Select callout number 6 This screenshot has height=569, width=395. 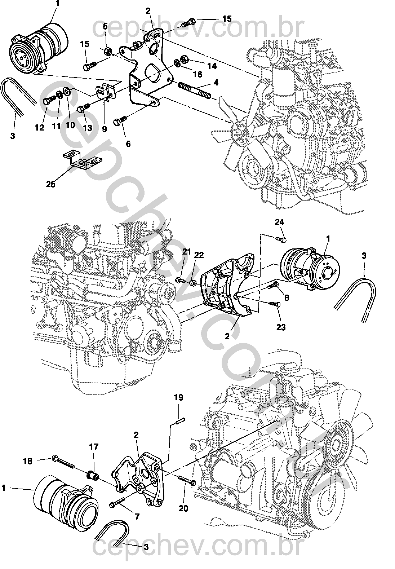click(x=128, y=144)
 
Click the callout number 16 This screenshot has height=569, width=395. click(x=197, y=74)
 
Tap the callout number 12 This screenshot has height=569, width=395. click(x=39, y=127)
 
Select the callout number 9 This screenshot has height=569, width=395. click(x=104, y=129)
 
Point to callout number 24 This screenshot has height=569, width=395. click(x=279, y=222)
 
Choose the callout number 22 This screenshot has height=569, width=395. click(x=199, y=255)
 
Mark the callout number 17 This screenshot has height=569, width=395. click(x=94, y=447)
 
